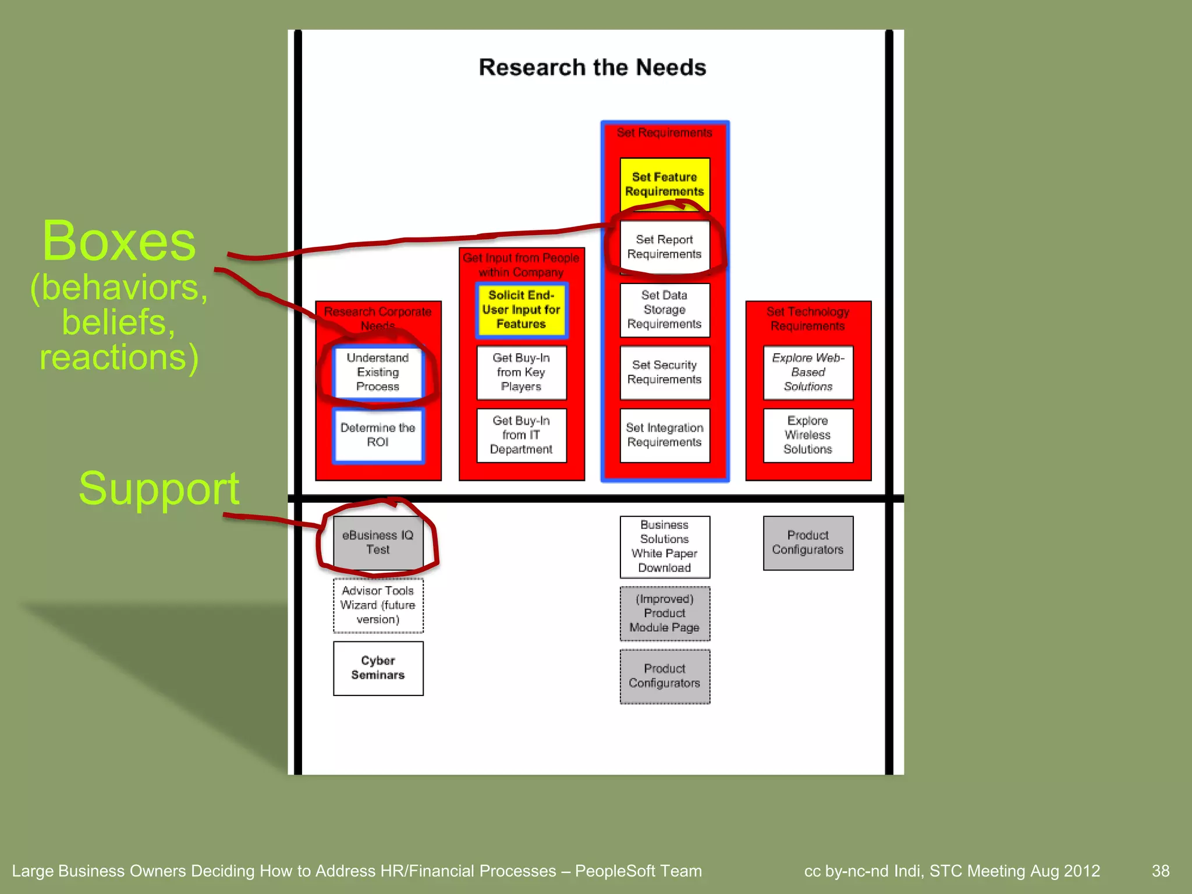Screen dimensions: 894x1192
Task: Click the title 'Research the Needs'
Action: click(592, 68)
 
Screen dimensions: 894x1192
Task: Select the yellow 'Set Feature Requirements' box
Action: click(664, 185)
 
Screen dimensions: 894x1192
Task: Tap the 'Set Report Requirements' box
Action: click(664, 247)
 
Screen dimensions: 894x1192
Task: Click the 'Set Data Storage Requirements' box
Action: click(664, 310)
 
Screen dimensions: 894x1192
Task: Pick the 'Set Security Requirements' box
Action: click(664, 372)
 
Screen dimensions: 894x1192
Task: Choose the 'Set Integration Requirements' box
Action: click(664, 435)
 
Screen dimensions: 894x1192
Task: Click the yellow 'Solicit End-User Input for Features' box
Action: click(521, 310)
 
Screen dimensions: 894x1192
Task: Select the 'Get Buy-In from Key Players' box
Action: click(521, 372)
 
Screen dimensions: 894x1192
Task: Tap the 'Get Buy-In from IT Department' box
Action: click(521, 435)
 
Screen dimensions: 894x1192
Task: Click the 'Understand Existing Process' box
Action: click(378, 372)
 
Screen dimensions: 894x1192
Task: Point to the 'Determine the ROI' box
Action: click(378, 435)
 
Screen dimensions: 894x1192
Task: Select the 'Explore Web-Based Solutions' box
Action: click(808, 372)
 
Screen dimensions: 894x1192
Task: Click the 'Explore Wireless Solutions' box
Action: click(808, 435)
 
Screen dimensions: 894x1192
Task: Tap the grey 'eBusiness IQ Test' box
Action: click(378, 542)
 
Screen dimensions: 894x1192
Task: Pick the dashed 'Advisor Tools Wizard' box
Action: click(378, 605)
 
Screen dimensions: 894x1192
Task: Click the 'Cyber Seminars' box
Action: click(378, 668)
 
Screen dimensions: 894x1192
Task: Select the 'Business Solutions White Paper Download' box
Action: click(664, 547)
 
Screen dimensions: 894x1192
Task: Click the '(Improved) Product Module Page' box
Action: click(664, 613)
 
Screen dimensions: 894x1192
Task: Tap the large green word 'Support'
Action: click(159, 488)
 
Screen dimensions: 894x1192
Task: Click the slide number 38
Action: click(1160, 871)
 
